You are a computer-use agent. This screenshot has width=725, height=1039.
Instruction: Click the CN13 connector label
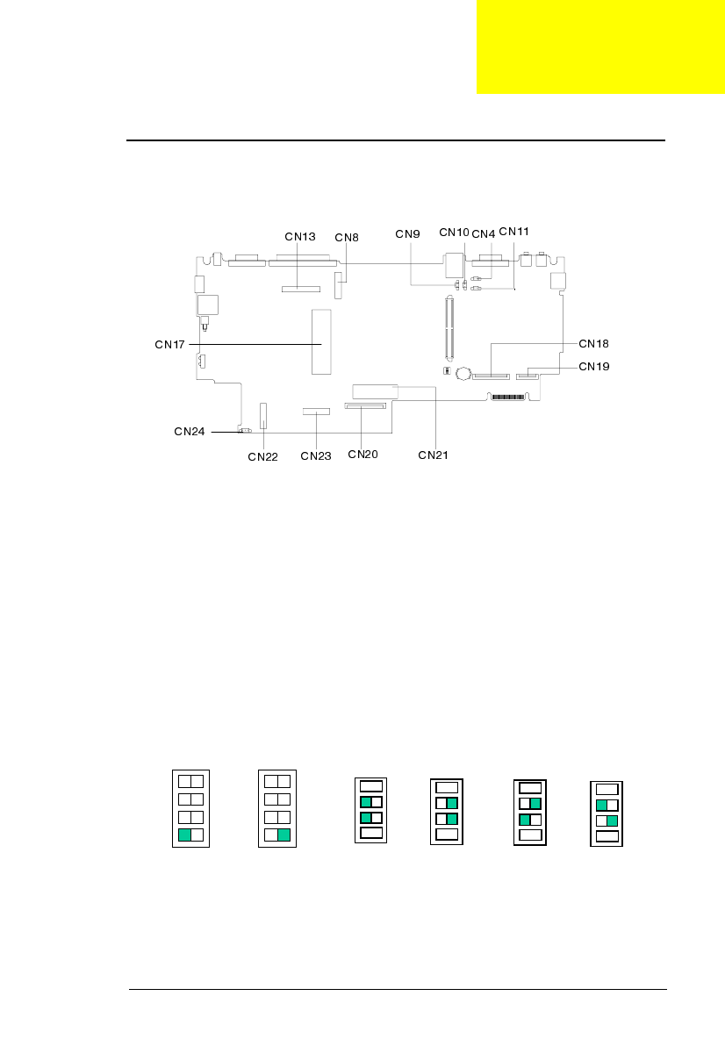click(x=300, y=237)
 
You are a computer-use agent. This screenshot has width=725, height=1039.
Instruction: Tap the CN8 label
click(x=347, y=237)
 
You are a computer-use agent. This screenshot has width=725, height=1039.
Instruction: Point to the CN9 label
click(x=407, y=234)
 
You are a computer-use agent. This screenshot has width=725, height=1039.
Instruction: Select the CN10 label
click(x=454, y=232)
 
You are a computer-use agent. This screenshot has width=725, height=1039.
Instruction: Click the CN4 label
click(x=483, y=234)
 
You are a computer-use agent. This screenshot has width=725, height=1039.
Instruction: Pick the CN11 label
click(x=513, y=232)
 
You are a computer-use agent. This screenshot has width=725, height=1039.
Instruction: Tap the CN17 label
click(x=169, y=345)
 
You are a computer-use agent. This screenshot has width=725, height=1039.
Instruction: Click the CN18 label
click(x=594, y=343)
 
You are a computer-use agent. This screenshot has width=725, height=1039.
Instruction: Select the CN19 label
click(x=594, y=367)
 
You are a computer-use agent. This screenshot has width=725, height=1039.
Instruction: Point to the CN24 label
click(x=190, y=432)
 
